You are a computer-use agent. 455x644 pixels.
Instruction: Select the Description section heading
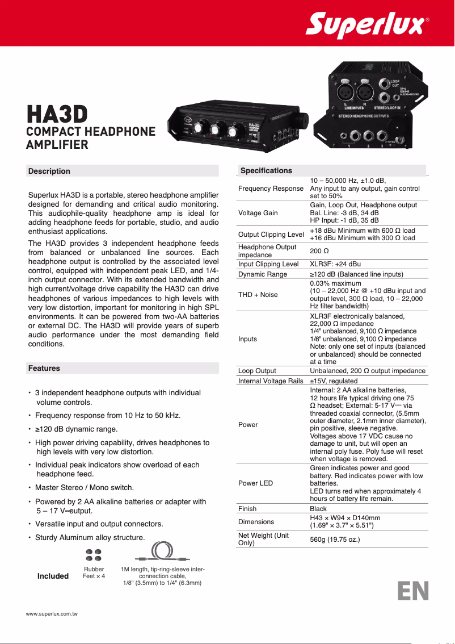pyautogui.click(x=49, y=171)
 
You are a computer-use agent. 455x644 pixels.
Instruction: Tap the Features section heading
pyautogui.click(x=44, y=368)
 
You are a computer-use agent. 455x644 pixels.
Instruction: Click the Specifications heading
pyautogui.click(x=266, y=170)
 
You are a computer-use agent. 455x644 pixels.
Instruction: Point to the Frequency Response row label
pyautogui.click(x=271, y=189)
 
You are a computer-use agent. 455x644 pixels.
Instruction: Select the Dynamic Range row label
pyautogui.click(x=263, y=274)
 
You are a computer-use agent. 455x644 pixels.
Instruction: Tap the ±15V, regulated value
pyautogui.click(x=334, y=381)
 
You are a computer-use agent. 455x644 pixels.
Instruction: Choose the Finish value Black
pyautogui.click(x=318, y=509)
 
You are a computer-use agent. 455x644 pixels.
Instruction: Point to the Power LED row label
pyautogui.click(x=255, y=483)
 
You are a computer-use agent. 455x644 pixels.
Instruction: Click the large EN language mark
pyautogui.click(x=413, y=591)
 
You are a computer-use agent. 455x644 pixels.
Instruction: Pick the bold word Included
pyautogui.click(x=53, y=576)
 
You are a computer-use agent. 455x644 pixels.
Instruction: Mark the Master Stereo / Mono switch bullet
pyautogui.click(x=85, y=487)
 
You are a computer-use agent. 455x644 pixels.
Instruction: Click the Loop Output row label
pyautogui.click(x=257, y=371)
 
